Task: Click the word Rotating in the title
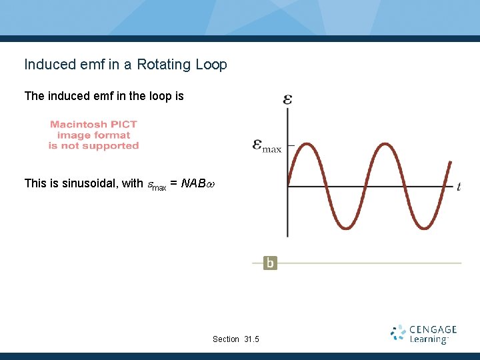tap(165, 65)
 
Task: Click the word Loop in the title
tap(211, 65)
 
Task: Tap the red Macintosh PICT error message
tap(93, 135)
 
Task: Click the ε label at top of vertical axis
tap(287, 99)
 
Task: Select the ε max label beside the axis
tap(267, 145)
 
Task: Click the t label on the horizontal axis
tap(459, 187)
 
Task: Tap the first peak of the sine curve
tap(306, 144)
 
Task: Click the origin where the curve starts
tap(287, 186)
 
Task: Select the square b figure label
tap(269, 263)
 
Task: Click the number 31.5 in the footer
tap(251, 339)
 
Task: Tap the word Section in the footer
tap(225, 339)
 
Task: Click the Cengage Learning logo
tap(424, 334)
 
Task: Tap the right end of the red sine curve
tap(451, 161)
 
